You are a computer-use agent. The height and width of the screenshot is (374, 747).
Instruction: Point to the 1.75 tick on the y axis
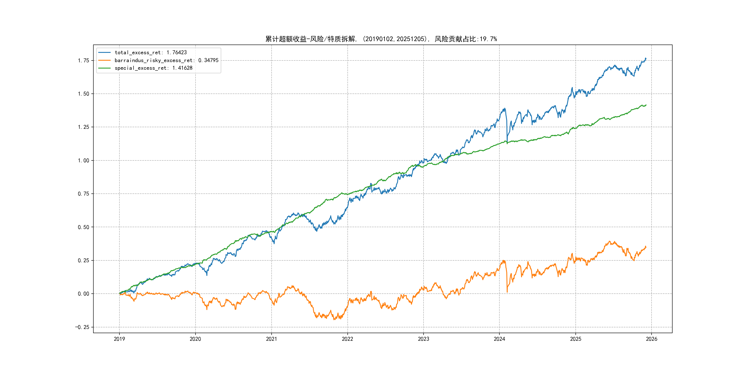click(83, 60)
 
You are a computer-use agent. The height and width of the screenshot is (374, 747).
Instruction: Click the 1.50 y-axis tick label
click(83, 94)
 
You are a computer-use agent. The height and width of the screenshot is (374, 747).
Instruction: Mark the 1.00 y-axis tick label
click(83, 161)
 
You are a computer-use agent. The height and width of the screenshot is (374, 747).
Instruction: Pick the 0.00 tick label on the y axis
click(83, 294)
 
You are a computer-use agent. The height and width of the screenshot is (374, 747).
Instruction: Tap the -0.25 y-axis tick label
click(82, 327)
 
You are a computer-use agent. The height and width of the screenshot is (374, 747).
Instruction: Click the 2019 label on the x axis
click(119, 339)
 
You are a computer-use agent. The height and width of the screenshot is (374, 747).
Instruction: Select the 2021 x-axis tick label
click(271, 339)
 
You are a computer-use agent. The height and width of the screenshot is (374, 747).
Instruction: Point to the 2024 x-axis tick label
click(499, 339)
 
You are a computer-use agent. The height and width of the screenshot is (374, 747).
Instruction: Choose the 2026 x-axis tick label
click(652, 339)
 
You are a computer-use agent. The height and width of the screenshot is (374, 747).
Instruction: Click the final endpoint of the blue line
click(646, 58)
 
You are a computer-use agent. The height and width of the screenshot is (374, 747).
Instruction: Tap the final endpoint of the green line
click(646, 105)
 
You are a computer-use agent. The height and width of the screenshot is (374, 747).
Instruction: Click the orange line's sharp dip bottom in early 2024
click(507, 292)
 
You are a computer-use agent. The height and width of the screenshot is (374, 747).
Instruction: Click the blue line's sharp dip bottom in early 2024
click(507, 143)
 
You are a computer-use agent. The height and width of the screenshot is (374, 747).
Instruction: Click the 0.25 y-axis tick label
click(83, 260)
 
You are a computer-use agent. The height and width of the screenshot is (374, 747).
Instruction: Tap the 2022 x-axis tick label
click(347, 339)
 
